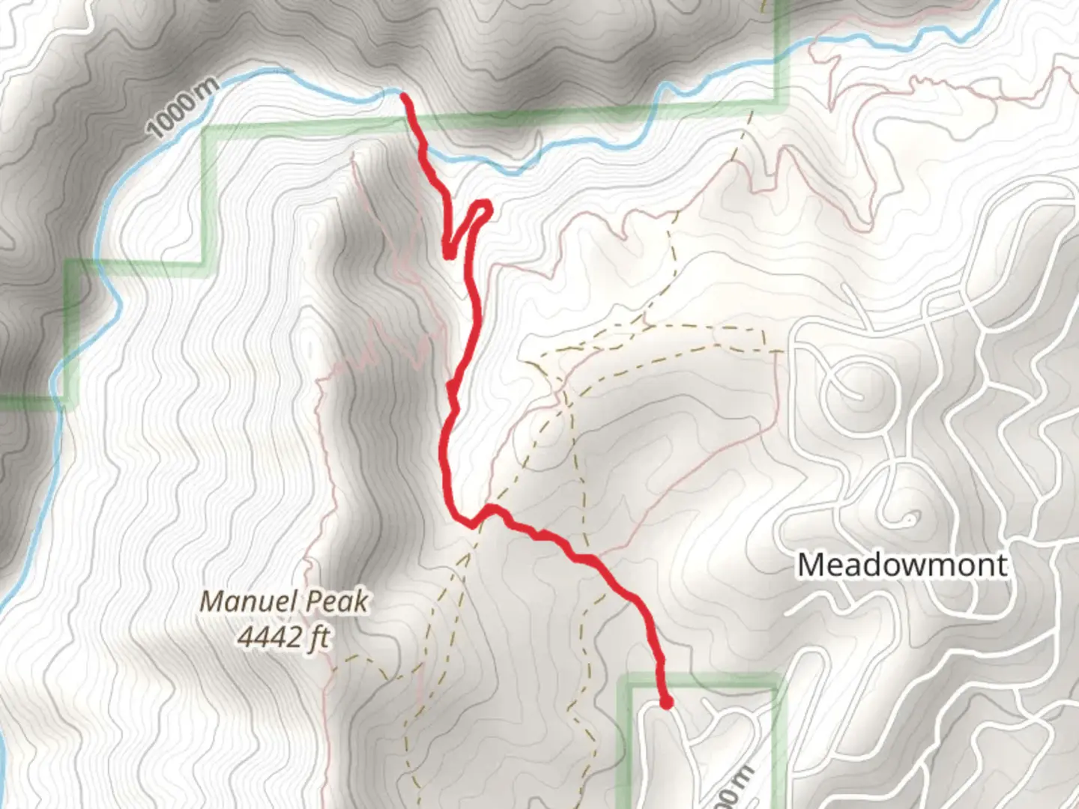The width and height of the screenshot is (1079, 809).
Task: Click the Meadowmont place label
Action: point(901,564)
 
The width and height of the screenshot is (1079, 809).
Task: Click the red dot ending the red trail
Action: point(665,702)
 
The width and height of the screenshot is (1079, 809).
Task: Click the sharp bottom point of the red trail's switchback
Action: point(448,255)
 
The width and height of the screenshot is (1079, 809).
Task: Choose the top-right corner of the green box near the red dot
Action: point(778,680)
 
